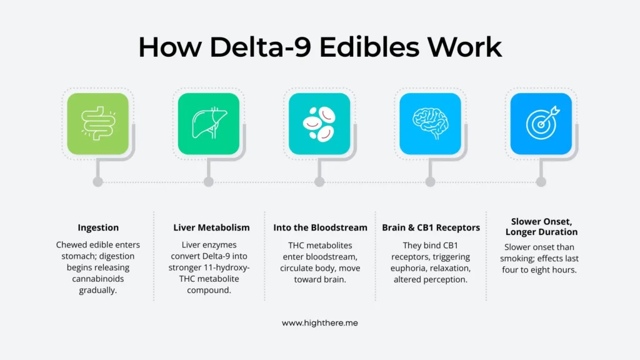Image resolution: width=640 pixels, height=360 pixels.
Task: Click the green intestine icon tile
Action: (x=97, y=124)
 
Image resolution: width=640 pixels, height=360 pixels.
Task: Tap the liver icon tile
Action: (x=209, y=124)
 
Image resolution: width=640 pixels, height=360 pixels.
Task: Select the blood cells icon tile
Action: (x=319, y=124)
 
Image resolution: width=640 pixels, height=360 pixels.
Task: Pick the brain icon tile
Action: (x=430, y=124)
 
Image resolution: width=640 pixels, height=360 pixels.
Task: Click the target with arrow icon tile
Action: (x=541, y=124)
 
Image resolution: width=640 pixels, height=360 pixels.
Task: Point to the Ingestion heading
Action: (x=98, y=227)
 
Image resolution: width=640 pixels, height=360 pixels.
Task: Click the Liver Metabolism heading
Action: (x=211, y=227)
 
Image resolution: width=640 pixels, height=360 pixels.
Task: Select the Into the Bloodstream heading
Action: (x=320, y=227)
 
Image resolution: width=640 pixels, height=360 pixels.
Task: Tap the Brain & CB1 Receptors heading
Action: (x=431, y=227)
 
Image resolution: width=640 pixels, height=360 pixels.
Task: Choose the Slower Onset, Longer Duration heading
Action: (x=541, y=227)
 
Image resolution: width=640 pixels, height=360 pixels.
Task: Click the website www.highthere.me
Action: (x=319, y=323)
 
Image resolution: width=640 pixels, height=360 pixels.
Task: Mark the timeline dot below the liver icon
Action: (x=209, y=182)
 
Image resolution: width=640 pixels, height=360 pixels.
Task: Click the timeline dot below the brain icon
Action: (x=430, y=182)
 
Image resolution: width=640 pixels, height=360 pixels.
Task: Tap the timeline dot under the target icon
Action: (x=541, y=182)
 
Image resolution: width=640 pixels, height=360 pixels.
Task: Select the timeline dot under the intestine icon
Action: (x=97, y=182)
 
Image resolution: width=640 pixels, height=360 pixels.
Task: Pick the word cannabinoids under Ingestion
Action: (x=98, y=279)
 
